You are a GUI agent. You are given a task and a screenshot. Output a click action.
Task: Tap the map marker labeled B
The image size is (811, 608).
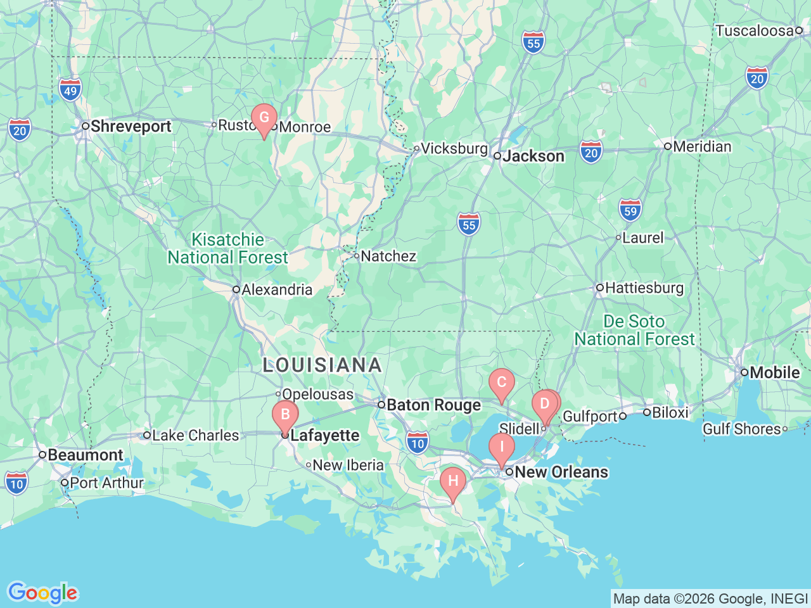(x=285, y=415)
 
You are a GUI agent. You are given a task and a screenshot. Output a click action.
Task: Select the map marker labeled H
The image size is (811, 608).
(x=453, y=482)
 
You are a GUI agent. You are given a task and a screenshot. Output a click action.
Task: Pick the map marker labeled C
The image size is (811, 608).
(x=501, y=383)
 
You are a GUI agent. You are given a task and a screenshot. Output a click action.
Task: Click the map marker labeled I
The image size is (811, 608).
(x=501, y=448)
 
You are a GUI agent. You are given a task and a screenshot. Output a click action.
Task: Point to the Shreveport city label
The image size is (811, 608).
(x=131, y=126)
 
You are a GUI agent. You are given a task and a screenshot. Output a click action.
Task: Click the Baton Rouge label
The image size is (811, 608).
(x=433, y=405)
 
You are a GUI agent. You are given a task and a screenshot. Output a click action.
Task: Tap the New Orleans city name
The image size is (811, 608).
(x=561, y=472)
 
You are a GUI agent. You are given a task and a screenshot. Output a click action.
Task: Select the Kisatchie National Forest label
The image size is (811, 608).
(x=227, y=249)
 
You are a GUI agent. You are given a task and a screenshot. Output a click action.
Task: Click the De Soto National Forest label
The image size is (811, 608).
(x=634, y=331)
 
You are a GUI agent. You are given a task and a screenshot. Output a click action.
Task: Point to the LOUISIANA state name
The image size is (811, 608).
(x=322, y=365)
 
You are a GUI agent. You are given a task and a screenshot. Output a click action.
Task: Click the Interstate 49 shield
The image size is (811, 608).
(x=70, y=90)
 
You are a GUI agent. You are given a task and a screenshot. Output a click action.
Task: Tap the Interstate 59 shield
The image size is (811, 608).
(x=630, y=210)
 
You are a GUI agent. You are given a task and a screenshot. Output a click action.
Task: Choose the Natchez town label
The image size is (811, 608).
(x=388, y=256)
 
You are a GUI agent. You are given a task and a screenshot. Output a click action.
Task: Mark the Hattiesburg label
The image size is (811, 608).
(x=644, y=288)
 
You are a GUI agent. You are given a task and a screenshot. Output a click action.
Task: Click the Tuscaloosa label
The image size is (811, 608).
(x=754, y=30)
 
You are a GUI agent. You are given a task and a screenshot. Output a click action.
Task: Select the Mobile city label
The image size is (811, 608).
(x=774, y=372)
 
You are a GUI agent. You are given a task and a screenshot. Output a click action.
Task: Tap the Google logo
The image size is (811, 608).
(x=42, y=593)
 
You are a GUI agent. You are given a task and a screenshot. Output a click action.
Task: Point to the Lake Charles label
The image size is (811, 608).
(x=195, y=436)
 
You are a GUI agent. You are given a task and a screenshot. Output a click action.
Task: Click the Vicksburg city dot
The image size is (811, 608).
(x=416, y=149)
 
